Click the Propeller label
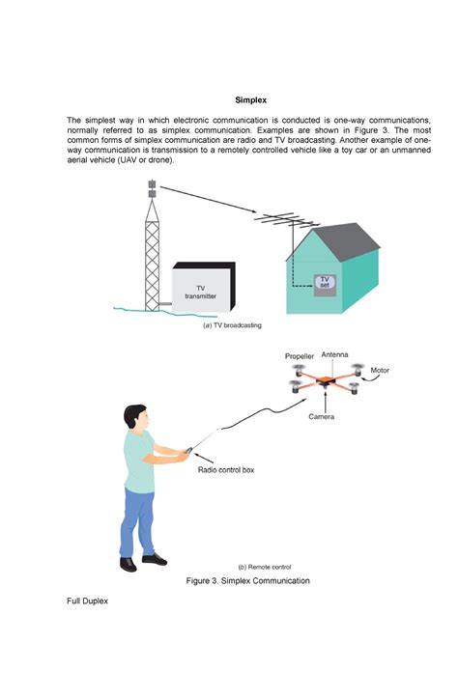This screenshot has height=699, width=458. pos(300,356)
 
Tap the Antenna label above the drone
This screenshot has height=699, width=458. pos(335,355)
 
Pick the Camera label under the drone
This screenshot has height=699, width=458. pos(322,416)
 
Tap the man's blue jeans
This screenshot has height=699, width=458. pos(138,521)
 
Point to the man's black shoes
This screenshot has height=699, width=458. pos(143,557)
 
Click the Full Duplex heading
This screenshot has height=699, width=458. pos(86,601)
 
